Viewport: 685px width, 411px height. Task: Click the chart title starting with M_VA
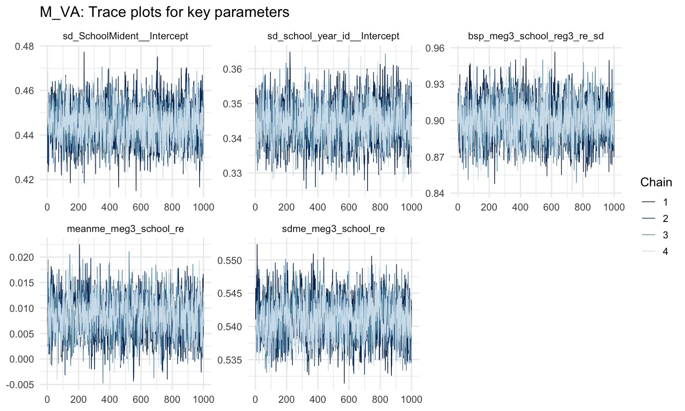click(x=164, y=12)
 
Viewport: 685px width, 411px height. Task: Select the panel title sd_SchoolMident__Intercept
click(x=125, y=36)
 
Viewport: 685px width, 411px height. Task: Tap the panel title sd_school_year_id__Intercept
click(x=333, y=36)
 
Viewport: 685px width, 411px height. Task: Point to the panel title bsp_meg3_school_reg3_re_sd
click(x=536, y=36)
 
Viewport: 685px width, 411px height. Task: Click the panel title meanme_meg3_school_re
click(x=125, y=229)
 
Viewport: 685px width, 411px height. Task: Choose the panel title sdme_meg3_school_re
click(x=333, y=229)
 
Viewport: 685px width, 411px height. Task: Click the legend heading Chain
click(x=656, y=182)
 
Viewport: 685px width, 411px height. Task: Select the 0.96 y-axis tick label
click(x=435, y=48)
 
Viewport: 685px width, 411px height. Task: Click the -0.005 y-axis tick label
click(x=20, y=385)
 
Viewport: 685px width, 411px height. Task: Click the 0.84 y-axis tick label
click(x=435, y=194)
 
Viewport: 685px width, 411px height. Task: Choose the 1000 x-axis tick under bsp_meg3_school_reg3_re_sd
click(x=614, y=207)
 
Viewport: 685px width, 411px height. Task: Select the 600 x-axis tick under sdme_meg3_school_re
click(x=349, y=400)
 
